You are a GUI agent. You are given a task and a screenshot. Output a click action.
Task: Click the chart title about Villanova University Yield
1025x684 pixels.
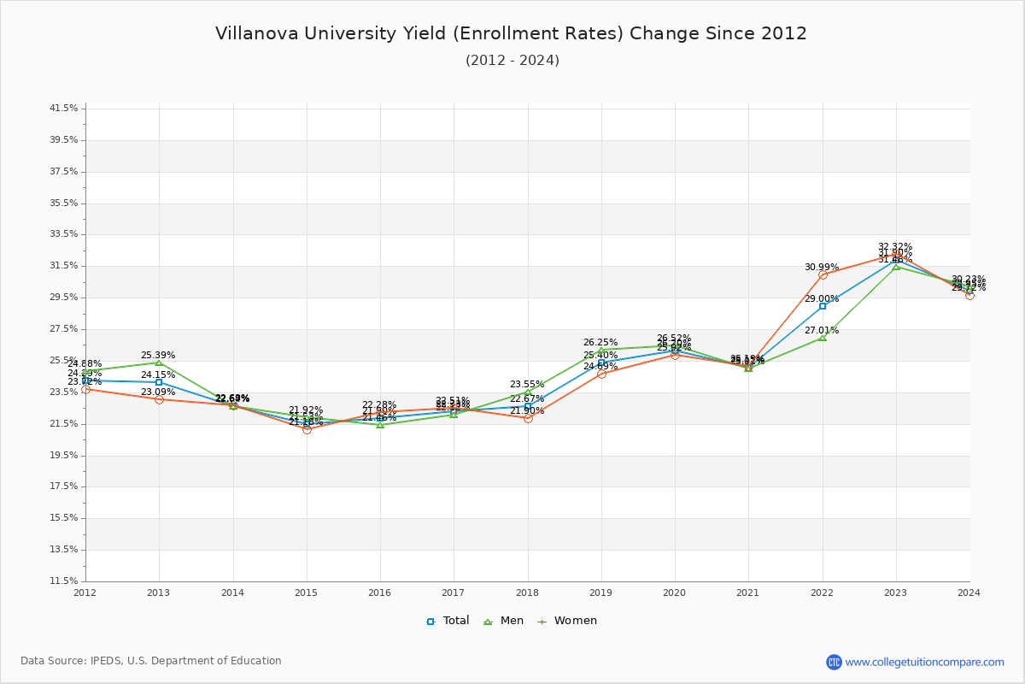(x=511, y=33)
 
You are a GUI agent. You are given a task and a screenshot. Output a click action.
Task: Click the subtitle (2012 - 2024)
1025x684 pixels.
(x=512, y=61)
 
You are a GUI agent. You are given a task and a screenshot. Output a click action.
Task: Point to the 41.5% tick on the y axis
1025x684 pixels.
(x=64, y=109)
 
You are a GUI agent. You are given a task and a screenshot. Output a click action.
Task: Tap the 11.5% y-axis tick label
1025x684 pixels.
(x=64, y=581)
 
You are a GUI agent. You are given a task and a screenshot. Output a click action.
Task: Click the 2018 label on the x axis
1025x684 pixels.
(x=527, y=592)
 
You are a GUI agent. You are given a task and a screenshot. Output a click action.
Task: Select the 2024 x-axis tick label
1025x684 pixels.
(x=969, y=592)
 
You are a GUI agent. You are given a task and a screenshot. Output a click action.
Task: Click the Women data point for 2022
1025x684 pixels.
(x=823, y=274)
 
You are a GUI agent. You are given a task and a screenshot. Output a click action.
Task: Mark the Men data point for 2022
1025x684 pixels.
(x=823, y=338)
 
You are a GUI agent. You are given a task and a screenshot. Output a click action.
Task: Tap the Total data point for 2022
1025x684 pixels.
(x=823, y=306)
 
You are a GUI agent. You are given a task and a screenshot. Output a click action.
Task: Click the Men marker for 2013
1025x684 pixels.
(x=159, y=363)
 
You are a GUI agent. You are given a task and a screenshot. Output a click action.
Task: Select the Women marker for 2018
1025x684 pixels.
(x=528, y=418)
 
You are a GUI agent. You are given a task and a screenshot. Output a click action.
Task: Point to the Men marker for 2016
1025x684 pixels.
(x=380, y=425)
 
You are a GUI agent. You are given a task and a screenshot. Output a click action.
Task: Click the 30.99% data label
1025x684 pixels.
(x=821, y=267)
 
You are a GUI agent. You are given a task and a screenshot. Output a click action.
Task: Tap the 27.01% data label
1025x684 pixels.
(x=821, y=330)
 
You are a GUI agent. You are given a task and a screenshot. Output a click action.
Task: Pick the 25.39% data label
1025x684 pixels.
(x=158, y=355)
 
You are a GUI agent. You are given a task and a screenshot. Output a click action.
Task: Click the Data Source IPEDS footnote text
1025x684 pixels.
(x=151, y=661)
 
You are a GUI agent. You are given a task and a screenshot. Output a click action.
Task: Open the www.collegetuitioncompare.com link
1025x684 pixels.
(x=924, y=662)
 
